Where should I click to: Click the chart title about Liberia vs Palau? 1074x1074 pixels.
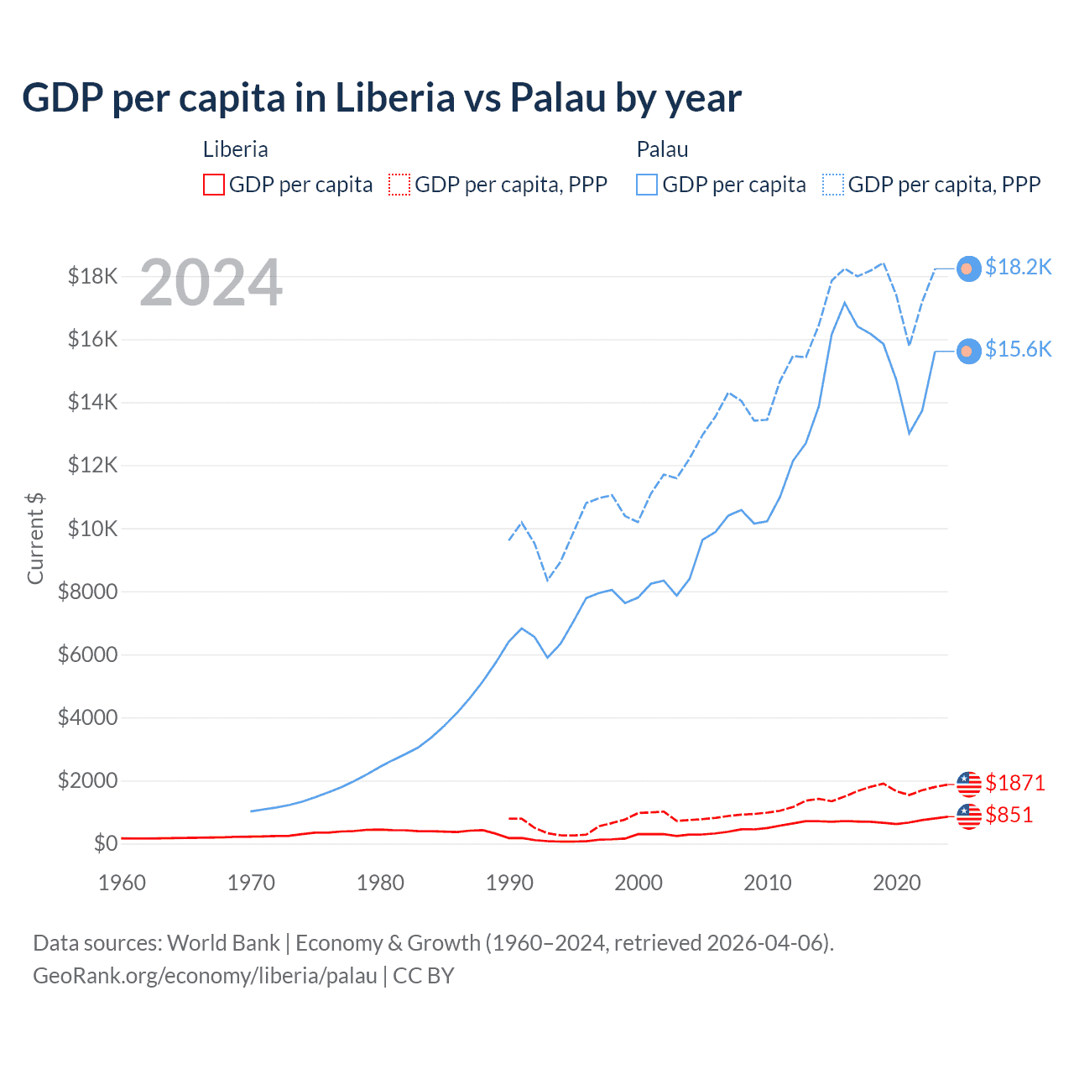(382, 97)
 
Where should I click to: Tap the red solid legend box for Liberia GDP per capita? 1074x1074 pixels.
(214, 185)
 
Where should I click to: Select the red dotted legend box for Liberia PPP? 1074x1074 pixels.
(399, 185)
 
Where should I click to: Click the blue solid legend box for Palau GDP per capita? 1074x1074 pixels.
(647, 185)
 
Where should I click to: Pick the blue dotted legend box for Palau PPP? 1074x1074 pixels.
(833, 185)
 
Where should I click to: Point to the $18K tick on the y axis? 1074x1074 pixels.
(92, 276)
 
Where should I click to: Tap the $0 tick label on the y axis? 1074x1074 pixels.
(105, 843)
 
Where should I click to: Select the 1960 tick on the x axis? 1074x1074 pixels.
(122, 883)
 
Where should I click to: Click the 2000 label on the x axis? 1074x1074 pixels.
(639, 883)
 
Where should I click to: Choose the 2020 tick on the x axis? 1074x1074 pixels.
(897, 883)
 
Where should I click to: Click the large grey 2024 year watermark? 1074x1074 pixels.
(211, 284)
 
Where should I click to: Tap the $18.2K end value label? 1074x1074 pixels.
(1018, 267)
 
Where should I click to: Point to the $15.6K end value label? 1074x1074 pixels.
(1018, 349)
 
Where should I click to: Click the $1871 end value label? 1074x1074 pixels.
(1015, 783)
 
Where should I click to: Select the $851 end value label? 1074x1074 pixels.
(1009, 815)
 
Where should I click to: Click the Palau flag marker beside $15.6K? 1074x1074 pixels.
(969, 351)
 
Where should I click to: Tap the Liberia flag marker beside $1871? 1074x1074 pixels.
(969, 784)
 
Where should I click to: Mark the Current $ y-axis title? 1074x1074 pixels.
(35, 539)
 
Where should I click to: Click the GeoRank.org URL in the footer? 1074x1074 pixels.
(205, 976)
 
